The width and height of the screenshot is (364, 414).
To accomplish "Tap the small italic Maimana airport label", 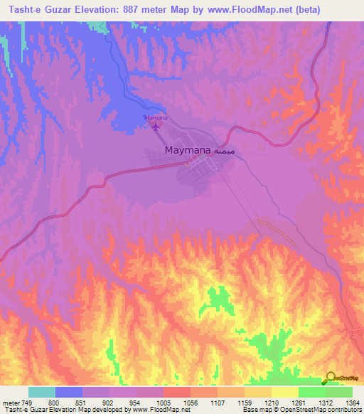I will click(x=155, y=117).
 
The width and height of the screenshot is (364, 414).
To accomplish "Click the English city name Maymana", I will click(x=187, y=150).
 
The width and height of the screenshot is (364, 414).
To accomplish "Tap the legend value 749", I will click(x=28, y=402).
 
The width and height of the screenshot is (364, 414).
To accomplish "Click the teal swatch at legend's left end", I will click(x=42, y=392).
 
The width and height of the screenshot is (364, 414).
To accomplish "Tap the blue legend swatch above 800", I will click(x=69, y=392).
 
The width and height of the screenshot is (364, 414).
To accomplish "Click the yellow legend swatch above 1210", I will click(x=258, y=392).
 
